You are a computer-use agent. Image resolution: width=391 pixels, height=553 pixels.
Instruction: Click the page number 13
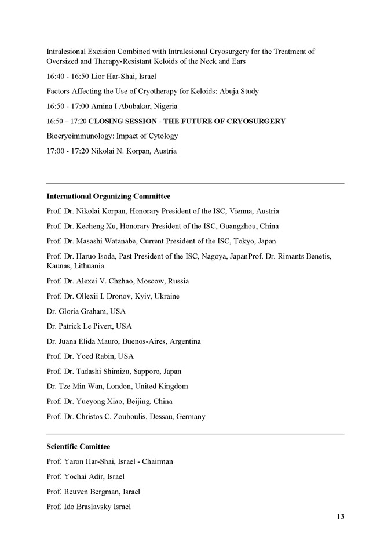(340, 516)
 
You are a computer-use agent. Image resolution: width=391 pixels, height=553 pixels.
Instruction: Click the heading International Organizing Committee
(108, 196)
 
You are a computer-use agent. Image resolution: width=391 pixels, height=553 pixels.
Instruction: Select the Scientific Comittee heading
(78, 446)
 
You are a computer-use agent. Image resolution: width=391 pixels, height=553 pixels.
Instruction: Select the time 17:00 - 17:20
(67, 151)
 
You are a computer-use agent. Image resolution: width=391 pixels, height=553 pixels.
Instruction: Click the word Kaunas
(59, 266)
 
